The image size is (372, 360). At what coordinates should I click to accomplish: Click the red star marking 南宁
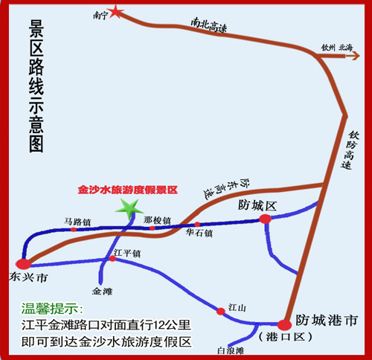click(115, 12)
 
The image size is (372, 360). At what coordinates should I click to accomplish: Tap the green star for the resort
click(129, 209)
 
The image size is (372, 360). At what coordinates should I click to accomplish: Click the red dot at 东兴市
click(24, 264)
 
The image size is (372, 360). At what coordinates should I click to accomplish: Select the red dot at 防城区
click(266, 219)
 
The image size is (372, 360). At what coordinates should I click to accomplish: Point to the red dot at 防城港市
click(284, 325)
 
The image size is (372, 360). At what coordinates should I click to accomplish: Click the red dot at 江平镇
click(112, 259)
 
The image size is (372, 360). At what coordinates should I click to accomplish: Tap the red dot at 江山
click(221, 312)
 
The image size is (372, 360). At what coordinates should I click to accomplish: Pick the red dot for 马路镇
click(74, 230)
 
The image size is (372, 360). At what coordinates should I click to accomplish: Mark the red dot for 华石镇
click(197, 225)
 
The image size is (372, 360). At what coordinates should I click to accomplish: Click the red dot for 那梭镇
click(153, 228)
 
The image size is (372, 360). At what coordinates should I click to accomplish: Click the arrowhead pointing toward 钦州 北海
click(356, 56)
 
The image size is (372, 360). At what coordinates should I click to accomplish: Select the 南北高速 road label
click(208, 25)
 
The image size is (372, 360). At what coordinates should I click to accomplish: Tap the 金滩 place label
click(102, 291)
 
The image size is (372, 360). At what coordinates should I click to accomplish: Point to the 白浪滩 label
click(231, 351)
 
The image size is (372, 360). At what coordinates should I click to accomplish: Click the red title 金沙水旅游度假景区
click(128, 190)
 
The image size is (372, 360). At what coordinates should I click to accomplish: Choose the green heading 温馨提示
click(52, 309)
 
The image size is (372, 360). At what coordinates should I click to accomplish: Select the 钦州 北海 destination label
click(337, 48)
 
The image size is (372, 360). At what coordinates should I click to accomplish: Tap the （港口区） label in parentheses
click(285, 337)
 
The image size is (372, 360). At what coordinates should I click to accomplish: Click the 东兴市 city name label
click(28, 277)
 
